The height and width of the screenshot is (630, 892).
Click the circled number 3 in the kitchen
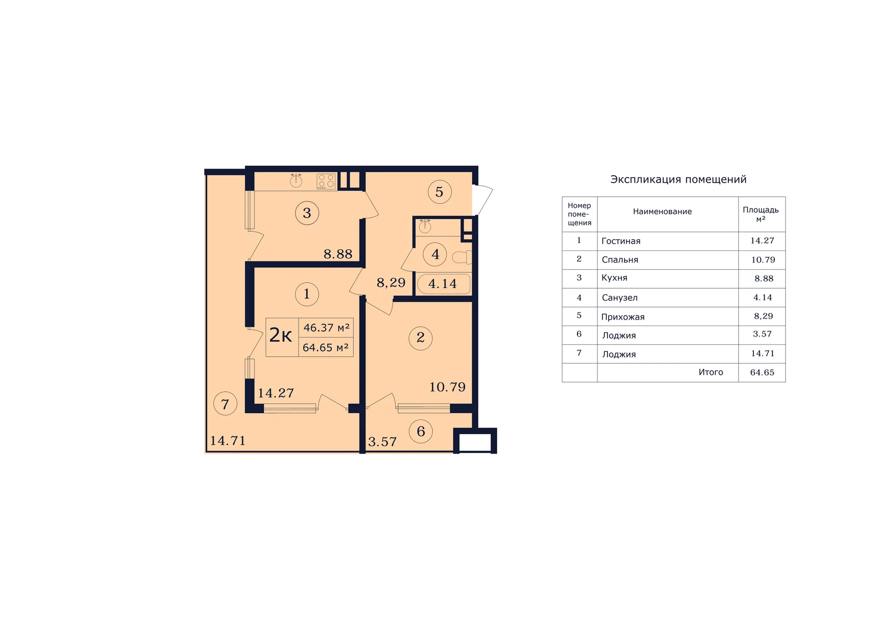point(307,213)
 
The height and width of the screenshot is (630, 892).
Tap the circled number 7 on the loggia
point(225,404)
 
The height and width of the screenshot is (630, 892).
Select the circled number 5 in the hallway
point(439,192)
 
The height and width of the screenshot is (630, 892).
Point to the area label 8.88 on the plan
point(338,254)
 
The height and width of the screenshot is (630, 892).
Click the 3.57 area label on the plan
point(382,442)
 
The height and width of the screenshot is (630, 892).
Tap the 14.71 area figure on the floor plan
point(228,441)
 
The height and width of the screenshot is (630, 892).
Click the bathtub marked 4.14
point(444,284)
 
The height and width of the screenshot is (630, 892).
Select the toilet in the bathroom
point(462,257)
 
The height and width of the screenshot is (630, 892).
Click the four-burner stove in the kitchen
point(326,182)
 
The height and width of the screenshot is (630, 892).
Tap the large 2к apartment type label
point(280,335)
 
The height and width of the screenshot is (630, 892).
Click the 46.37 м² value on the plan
point(327,328)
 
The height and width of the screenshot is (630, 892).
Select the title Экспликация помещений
point(678,180)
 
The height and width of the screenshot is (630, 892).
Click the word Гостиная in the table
point(621,241)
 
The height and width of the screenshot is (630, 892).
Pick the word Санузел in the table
point(620,298)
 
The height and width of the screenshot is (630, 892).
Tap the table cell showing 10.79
point(763,260)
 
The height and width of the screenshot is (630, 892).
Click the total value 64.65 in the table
point(762,373)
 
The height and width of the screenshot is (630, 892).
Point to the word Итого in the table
point(711,372)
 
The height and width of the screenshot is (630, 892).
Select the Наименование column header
point(662,212)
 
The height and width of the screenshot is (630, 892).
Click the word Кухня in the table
point(614,278)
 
